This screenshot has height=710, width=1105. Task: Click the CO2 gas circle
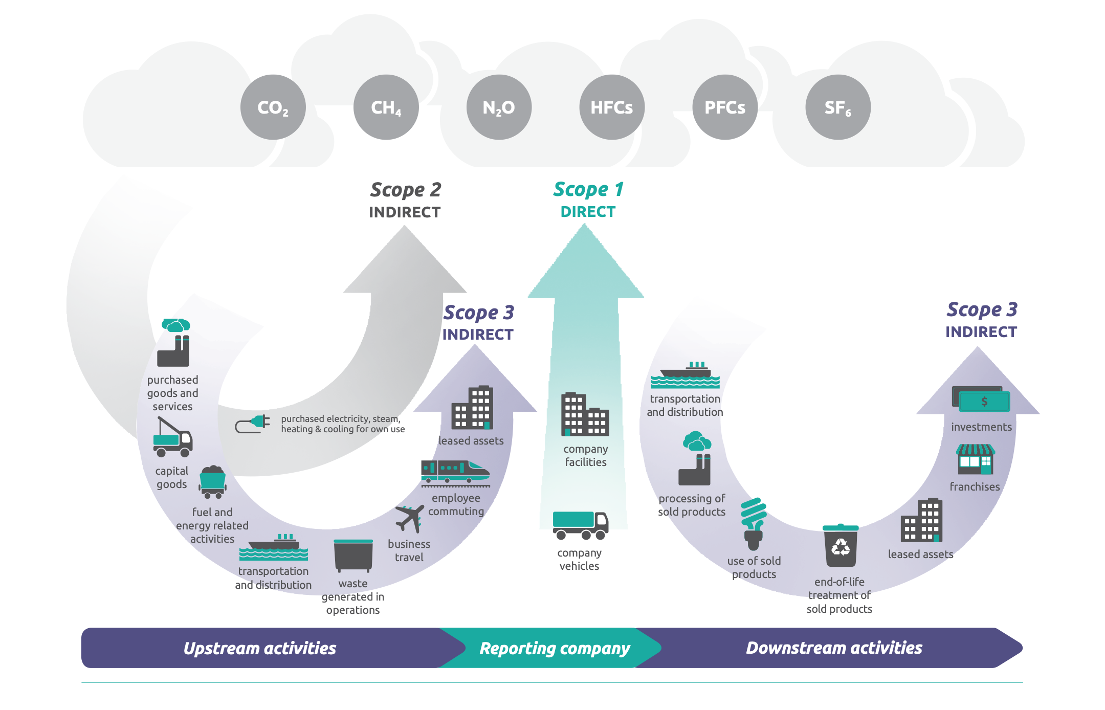[273, 107]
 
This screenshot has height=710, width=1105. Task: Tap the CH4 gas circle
[386, 107]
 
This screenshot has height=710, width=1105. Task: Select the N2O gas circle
[499, 107]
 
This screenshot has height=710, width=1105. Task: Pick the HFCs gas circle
[612, 107]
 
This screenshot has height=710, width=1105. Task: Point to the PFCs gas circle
[725, 107]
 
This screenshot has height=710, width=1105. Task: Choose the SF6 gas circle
[838, 107]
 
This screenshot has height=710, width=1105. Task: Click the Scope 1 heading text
[588, 190]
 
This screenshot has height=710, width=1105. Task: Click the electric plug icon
[253, 424]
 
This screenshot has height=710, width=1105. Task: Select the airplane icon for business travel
[409, 518]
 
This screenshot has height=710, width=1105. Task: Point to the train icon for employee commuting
[455, 472]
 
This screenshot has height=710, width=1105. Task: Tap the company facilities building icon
[585, 414]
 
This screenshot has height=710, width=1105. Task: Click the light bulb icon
[754, 523]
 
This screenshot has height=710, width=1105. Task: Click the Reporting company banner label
[555, 648]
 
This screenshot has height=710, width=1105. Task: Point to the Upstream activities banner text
[260, 648]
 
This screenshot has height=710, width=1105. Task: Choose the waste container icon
[353, 556]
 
